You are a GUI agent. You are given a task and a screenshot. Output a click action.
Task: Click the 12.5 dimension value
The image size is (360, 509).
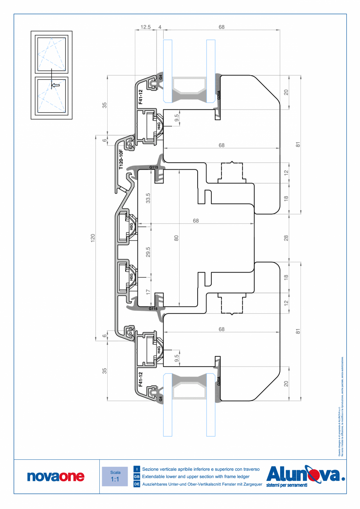click(x=146, y=27)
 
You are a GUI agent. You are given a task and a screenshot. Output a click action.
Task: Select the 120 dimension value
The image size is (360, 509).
click(x=93, y=237)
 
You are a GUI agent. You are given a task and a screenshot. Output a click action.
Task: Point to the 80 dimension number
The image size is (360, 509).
click(x=176, y=237)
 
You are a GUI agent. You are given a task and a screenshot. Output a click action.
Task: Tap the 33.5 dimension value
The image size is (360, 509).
click(x=148, y=198)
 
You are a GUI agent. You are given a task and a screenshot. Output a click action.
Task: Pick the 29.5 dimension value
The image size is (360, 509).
click(x=148, y=252)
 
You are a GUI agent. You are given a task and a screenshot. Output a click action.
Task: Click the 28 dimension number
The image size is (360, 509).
click(x=286, y=237)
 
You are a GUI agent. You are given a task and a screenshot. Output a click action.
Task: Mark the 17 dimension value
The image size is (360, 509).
click(x=148, y=291)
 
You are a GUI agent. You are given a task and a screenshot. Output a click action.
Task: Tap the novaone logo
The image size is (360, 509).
click(x=56, y=476)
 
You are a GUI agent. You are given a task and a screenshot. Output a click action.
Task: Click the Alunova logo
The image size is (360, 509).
click(x=305, y=476)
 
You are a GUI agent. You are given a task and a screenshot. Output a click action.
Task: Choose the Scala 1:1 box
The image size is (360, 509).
click(x=115, y=476)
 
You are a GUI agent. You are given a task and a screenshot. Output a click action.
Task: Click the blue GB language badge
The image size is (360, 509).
click(x=137, y=477)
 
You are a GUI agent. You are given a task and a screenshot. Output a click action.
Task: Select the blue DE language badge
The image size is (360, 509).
click(x=137, y=484)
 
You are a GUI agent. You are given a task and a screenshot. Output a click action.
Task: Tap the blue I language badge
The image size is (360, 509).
click(x=137, y=469)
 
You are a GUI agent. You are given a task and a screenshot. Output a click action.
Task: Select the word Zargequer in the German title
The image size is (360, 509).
click(x=250, y=484)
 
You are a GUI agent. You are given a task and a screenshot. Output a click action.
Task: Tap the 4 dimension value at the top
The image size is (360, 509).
click(x=160, y=27)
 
